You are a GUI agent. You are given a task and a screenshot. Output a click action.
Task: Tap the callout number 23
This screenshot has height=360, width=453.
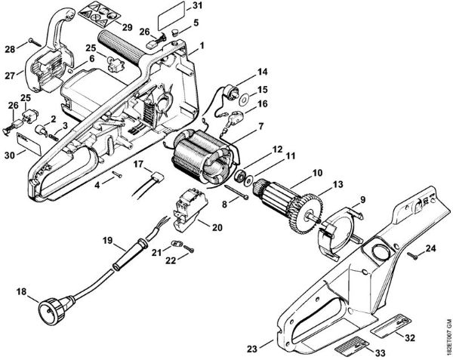point(251,349)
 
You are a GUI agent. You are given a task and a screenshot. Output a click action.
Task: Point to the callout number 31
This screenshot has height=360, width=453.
point(197,6)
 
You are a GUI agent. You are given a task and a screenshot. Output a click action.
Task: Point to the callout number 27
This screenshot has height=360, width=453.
point(10,75)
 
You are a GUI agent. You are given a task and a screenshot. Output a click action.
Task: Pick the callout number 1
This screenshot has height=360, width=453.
point(203,48)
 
